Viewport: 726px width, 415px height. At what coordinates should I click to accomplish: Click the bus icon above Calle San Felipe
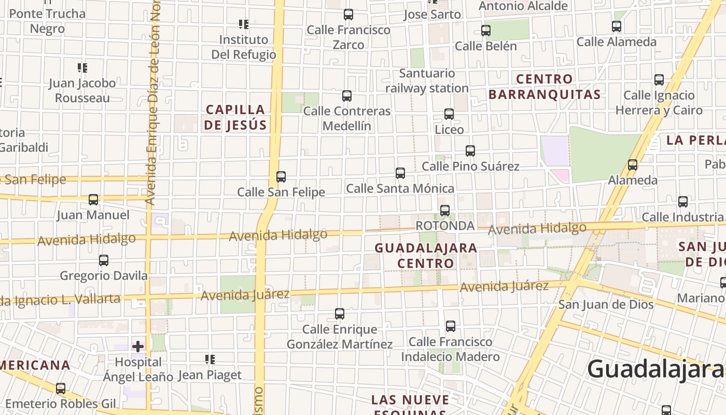[281, 176]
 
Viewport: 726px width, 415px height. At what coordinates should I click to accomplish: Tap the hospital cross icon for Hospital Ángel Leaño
[138, 346]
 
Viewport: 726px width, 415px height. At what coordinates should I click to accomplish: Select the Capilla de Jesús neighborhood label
[235, 117]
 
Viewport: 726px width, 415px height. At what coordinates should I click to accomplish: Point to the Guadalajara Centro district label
[426, 255]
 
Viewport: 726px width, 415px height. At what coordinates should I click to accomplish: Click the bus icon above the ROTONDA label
[445, 210]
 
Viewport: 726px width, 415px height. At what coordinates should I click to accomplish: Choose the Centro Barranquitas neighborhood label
[544, 87]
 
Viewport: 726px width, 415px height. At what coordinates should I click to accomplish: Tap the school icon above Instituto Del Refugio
[244, 24]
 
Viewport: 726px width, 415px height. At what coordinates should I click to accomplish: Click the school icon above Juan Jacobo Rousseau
[82, 67]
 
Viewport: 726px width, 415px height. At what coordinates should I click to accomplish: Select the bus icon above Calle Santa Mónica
[400, 173]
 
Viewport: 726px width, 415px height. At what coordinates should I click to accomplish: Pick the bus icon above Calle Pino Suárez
[470, 151]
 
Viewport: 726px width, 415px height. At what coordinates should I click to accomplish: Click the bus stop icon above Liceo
[449, 114]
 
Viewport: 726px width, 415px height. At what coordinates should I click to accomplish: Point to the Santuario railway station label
[427, 81]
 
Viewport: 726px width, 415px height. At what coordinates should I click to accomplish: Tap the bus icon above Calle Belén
[486, 30]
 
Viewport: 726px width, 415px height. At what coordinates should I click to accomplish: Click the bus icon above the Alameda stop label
[633, 165]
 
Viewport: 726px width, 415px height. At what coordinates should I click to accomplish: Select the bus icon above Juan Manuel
[93, 199]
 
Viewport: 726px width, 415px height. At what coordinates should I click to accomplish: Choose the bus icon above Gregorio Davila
[104, 260]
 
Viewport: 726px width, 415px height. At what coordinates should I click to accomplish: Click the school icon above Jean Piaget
[210, 359]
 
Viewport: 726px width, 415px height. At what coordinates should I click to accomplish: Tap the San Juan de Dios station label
[606, 305]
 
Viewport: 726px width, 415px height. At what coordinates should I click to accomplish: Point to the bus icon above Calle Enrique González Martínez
[340, 313]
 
